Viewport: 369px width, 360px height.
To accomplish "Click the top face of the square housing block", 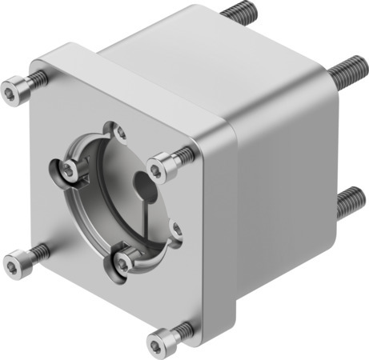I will click(x=184, y=48).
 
